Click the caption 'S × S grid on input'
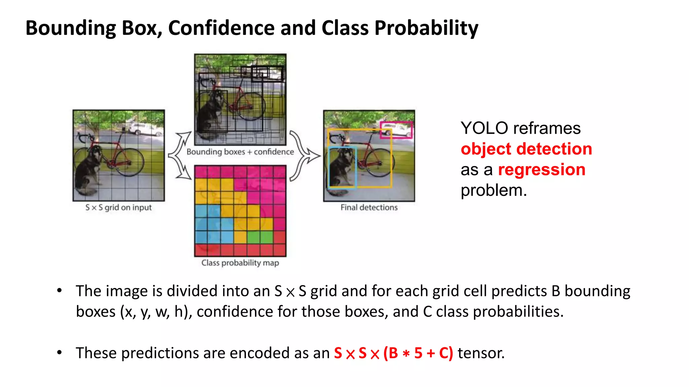tap(118, 208)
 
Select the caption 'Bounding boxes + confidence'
tap(240, 152)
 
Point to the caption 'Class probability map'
tap(240, 263)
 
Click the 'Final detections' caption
tap(369, 208)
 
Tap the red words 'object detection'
tap(526, 149)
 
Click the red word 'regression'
tap(541, 169)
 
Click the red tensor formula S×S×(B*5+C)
tap(393, 353)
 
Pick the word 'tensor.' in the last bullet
tap(481, 353)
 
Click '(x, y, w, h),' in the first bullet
tap(156, 312)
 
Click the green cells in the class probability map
tap(260, 237)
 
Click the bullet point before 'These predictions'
tap(60, 352)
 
